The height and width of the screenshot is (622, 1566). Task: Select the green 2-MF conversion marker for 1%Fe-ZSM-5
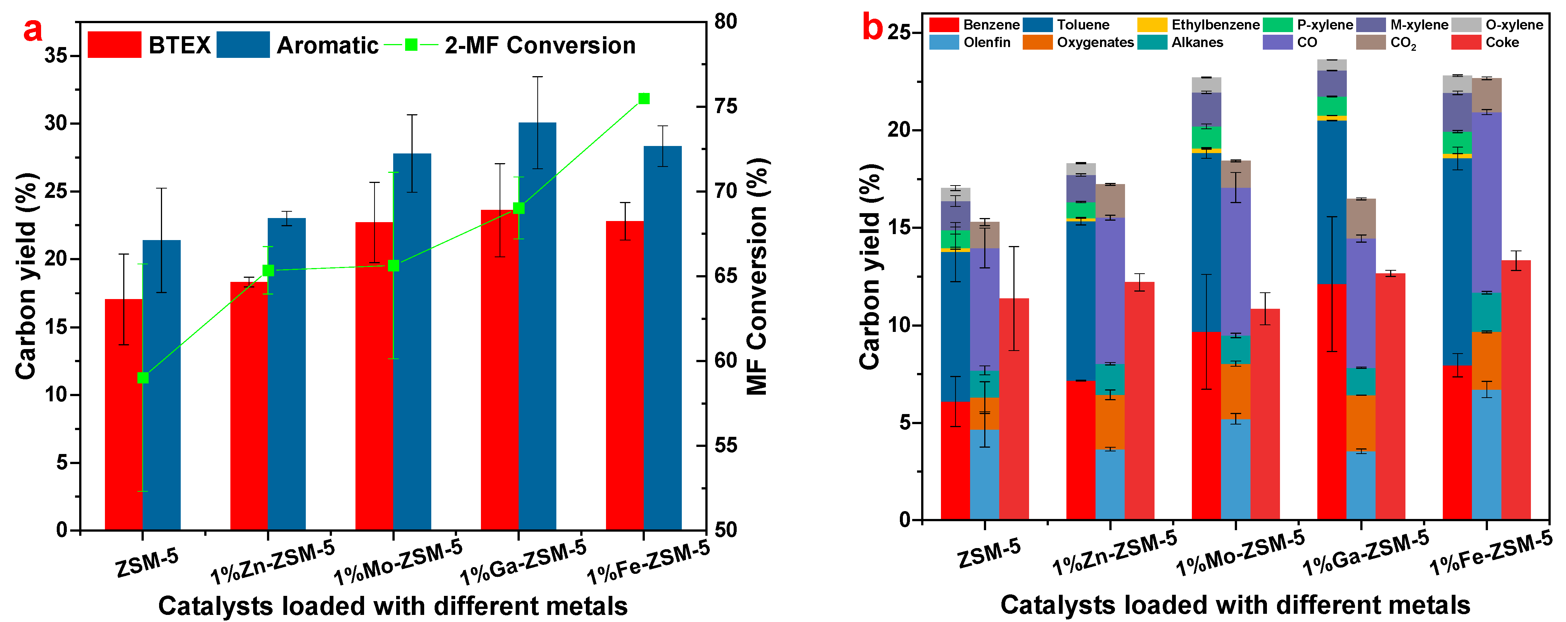644,99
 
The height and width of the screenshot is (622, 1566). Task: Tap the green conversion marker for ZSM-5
143,377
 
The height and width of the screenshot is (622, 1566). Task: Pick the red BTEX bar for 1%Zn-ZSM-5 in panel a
249,405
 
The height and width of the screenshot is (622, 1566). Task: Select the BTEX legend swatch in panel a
114,45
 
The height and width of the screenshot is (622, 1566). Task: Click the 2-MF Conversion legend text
540,46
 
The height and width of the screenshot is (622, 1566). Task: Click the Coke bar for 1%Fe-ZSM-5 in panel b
1516,389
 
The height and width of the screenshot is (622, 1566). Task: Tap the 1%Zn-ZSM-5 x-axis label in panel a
272,561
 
